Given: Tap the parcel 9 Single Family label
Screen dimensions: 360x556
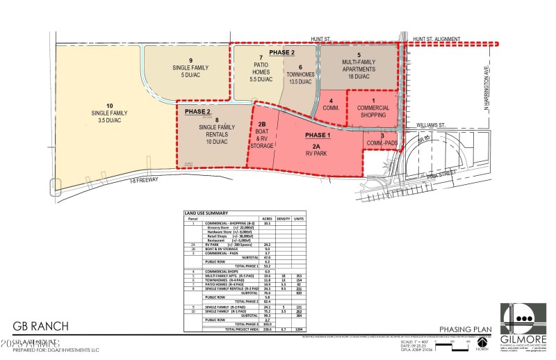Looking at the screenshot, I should (x=190, y=68).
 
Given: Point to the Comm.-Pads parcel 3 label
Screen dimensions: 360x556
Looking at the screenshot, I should (x=382, y=140).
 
